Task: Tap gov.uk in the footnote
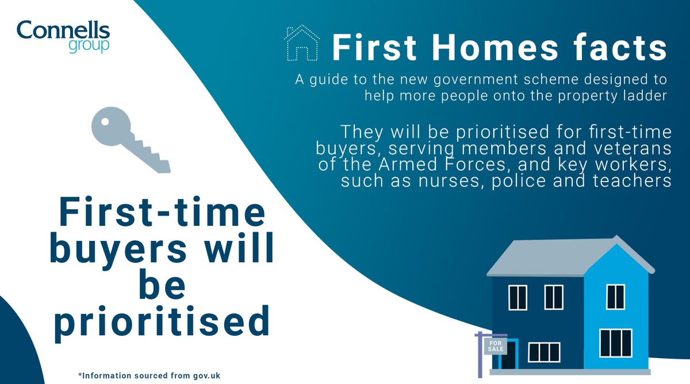[x=205, y=375]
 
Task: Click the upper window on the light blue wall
[x=615, y=297]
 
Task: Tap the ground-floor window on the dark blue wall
[x=543, y=352]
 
